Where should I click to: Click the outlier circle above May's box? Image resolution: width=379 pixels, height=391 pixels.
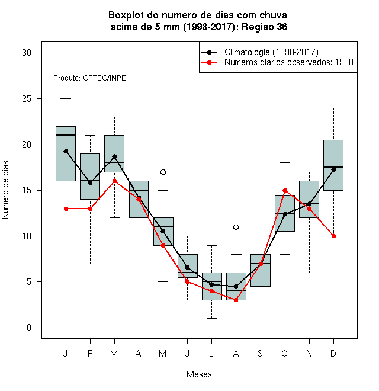(163, 172)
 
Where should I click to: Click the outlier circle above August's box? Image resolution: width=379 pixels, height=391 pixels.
(236, 227)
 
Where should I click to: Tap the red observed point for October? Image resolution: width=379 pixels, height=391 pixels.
(285, 191)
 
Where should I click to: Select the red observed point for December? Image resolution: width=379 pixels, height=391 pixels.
(333, 236)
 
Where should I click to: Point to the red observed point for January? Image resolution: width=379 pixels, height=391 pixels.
(66, 209)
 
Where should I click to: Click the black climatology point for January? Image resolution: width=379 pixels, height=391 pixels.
(66, 151)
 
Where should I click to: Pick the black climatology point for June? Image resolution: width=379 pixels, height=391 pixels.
(187, 267)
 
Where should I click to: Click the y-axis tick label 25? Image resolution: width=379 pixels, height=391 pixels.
(27, 99)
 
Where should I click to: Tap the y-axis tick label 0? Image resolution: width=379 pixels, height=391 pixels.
(29, 328)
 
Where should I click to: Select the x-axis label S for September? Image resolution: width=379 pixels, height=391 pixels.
(261, 353)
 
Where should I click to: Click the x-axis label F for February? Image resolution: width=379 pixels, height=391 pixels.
(90, 353)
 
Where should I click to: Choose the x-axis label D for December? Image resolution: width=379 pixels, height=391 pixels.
(333, 353)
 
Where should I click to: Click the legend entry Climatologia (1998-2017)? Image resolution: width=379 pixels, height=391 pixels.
(271, 52)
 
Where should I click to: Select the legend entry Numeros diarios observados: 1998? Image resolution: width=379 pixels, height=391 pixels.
(289, 62)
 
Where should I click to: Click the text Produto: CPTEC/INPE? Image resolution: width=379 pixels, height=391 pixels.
(89, 78)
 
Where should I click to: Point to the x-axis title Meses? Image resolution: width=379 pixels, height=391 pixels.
(199, 374)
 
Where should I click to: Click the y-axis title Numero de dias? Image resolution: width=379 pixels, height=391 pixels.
(5, 190)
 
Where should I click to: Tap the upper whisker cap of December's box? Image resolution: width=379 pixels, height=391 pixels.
(333, 108)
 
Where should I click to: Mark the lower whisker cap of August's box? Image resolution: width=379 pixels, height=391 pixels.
(236, 328)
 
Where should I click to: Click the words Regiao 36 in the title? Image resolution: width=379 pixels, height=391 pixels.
(264, 27)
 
